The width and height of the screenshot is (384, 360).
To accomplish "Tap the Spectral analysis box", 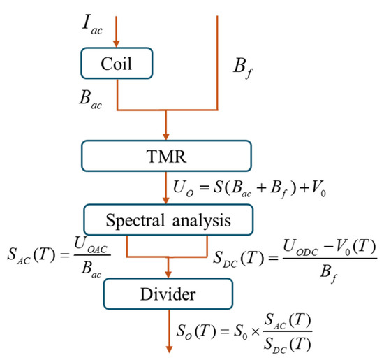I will click(168, 219).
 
